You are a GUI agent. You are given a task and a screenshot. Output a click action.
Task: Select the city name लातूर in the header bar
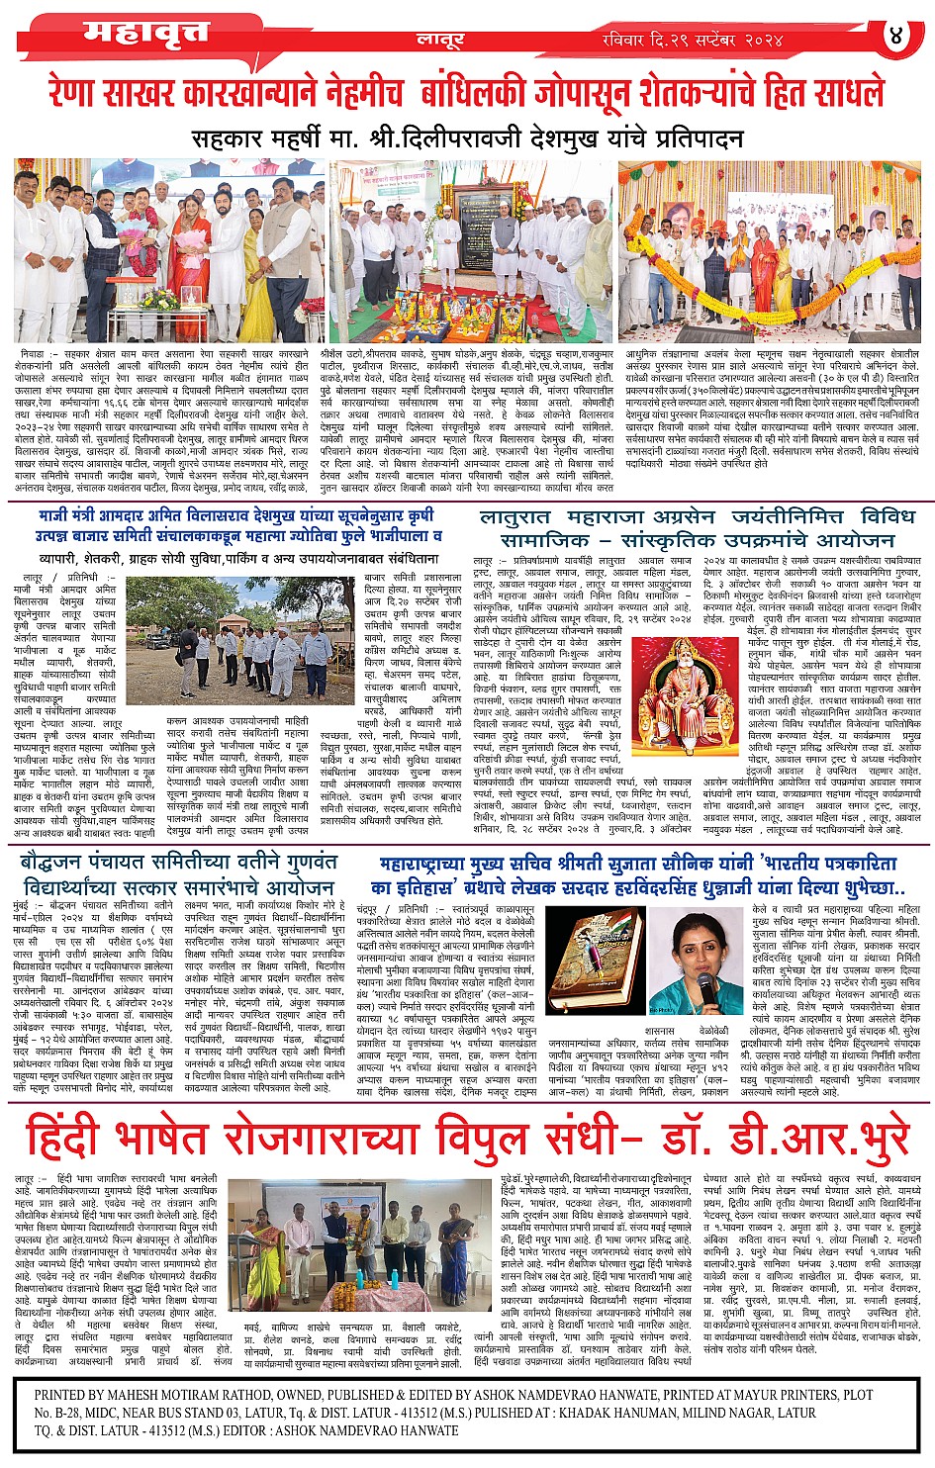coord(433,38)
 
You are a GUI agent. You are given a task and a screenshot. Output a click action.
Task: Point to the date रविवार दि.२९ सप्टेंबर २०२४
coord(693,39)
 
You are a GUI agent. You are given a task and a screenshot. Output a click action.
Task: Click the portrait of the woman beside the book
coord(707,959)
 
